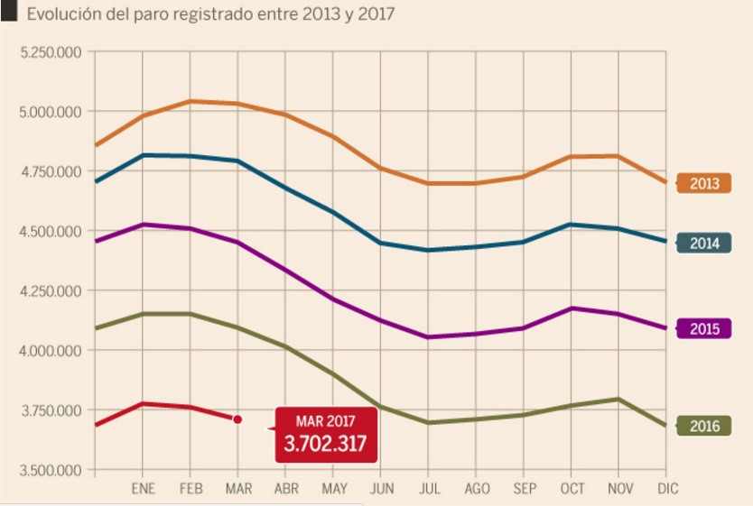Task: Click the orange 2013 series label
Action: coord(703,183)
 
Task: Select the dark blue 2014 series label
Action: coord(703,243)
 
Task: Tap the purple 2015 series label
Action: coord(703,328)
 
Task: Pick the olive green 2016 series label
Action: coord(703,426)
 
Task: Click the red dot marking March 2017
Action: coord(237,419)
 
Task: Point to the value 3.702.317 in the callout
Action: coord(326,443)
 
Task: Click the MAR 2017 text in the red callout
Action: coord(326,420)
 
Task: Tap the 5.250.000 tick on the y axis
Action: coord(51,52)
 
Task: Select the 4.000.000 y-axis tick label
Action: coord(51,351)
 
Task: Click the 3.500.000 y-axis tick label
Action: coord(51,470)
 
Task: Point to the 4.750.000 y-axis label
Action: coord(51,171)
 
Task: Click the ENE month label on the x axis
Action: coord(143,489)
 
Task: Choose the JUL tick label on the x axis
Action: coord(429,489)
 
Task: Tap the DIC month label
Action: coord(667,489)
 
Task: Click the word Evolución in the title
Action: coord(64,15)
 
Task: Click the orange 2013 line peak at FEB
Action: coord(191,101)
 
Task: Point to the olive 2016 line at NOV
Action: coord(619,399)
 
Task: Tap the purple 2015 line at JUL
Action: coord(429,337)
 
